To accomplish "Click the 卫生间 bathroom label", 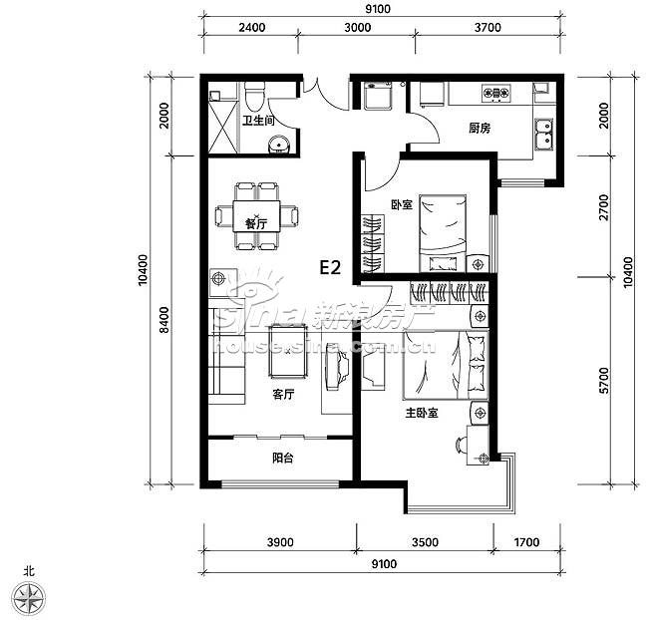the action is coord(258,121).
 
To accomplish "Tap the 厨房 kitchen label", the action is coord(480,129).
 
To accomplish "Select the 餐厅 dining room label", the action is coord(256,224).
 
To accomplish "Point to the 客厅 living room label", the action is coord(283,395).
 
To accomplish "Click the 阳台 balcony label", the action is coord(283,458).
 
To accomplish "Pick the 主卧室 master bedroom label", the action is coord(422,413).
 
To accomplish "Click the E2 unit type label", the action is coord(330,268).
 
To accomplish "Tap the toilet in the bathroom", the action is coord(254,96).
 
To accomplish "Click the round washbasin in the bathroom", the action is coord(280,145).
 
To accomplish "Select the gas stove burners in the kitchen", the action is coord(495,93).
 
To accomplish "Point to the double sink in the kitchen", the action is coord(544,134).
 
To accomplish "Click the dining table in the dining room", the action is coord(256,216).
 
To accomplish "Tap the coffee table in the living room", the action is coord(288,351).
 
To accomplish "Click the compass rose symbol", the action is coord(28,597).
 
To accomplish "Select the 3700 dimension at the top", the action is coord(487,28).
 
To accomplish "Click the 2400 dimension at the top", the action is coord(252,28).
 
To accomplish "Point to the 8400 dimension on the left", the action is coord(164,320).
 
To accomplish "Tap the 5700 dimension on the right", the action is coord(604,380).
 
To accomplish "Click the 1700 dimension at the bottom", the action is coord(526,542).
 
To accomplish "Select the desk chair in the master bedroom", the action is coord(461,446).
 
